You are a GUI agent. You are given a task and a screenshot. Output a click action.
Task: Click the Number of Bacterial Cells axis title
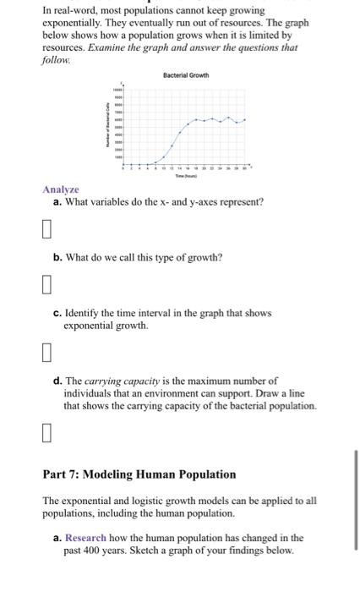click(x=107, y=128)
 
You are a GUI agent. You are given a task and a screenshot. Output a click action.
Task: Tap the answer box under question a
click(x=47, y=229)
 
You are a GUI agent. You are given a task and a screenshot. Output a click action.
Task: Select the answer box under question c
click(x=47, y=350)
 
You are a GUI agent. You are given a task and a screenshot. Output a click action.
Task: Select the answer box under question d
click(x=47, y=434)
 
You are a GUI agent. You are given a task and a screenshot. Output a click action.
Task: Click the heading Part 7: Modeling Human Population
click(x=139, y=474)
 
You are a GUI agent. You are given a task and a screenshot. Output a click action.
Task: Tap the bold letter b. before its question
click(x=57, y=256)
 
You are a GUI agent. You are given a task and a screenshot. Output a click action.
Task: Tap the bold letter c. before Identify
click(x=57, y=313)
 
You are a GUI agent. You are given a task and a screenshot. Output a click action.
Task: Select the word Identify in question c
click(x=81, y=313)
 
